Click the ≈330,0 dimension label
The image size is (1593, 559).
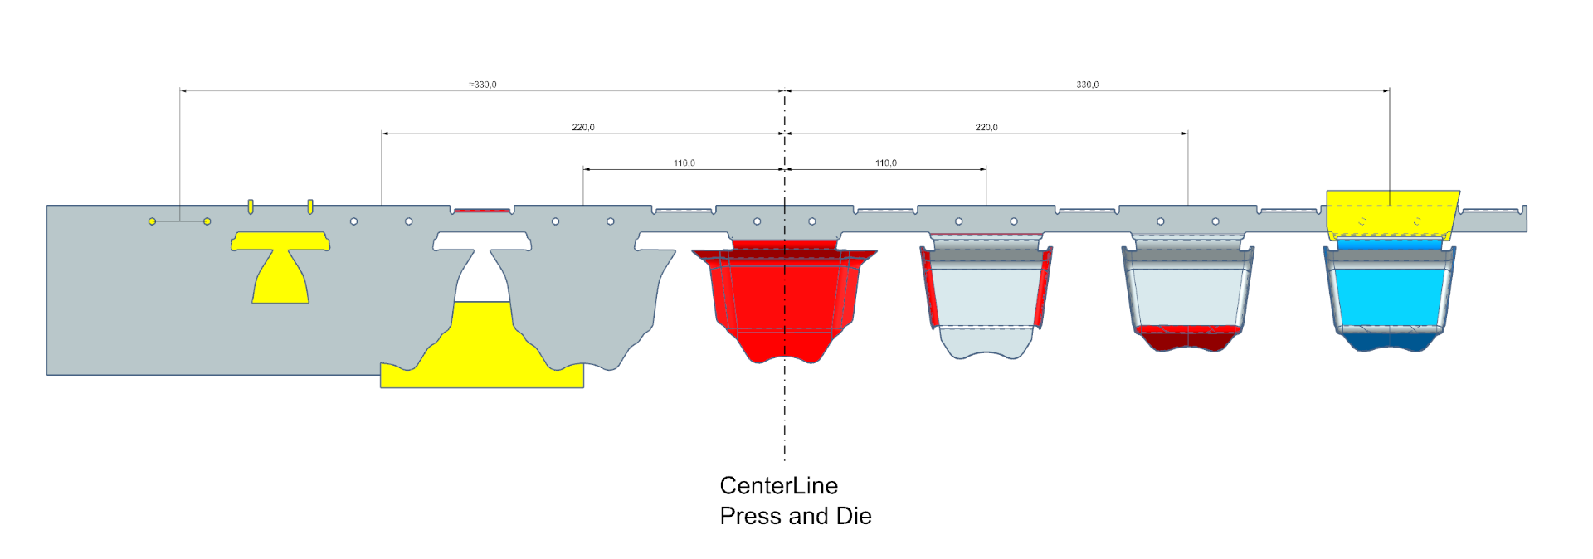coord(483,85)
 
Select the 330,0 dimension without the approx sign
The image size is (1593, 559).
coord(1087,85)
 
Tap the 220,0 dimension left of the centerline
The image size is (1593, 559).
coord(582,127)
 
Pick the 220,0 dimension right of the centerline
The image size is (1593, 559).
coord(986,127)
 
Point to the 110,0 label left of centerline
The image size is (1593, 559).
coord(684,163)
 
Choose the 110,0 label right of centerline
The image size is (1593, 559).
coord(885,163)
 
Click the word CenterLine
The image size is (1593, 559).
coord(778,485)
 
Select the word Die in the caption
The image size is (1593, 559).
coord(854,516)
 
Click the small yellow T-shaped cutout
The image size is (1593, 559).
coord(280,270)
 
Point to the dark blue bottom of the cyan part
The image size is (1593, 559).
coord(1390,341)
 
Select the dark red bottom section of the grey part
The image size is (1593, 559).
coord(1186,339)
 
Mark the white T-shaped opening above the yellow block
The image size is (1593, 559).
coord(482,265)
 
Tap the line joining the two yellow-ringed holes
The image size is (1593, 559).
coord(179,221)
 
